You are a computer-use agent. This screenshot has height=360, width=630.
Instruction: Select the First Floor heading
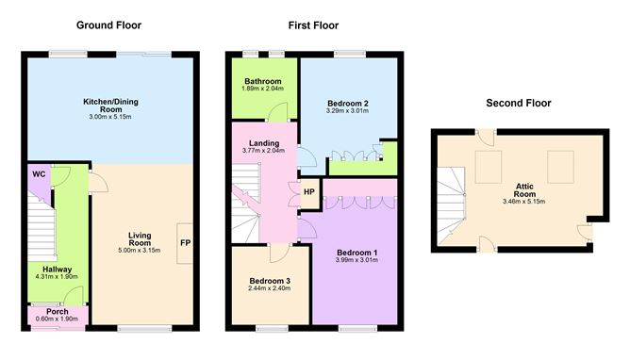pyautogui.click(x=313, y=24)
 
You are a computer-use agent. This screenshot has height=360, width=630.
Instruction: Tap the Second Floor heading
pyautogui.click(x=518, y=103)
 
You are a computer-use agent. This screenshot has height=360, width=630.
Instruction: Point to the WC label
pyautogui.click(x=39, y=174)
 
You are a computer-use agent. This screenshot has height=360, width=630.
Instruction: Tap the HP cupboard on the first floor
pyautogui.click(x=309, y=192)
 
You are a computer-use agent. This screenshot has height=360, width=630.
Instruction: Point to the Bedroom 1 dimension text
pyautogui.click(x=356, y=260)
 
